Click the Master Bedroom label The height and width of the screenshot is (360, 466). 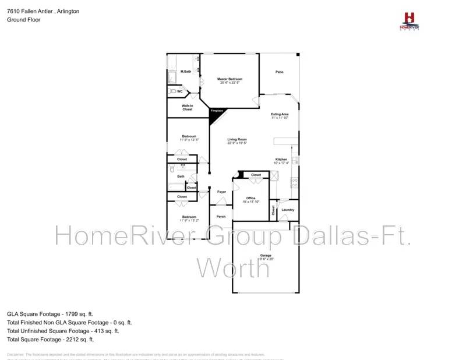coord(230,79)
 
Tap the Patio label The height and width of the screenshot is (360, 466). coord(280,72)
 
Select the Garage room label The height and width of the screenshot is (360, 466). coord(266,256)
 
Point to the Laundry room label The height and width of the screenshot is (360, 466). coord(287,210)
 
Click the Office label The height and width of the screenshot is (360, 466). coord(250,198)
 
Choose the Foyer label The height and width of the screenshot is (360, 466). coord(221,192)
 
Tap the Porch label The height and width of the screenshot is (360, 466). coord(221,217)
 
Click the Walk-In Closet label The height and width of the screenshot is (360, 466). coord(187,107)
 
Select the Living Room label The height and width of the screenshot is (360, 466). coord(237,139)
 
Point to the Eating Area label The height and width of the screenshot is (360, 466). coord(280,114)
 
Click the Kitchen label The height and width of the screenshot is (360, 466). coord(281,159)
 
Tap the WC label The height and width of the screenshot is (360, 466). coord(180,91)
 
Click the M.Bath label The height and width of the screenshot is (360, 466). coord(186,72)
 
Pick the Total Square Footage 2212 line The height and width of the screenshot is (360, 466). coord(50,339)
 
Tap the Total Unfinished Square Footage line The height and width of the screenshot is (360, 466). coord(63,330)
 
